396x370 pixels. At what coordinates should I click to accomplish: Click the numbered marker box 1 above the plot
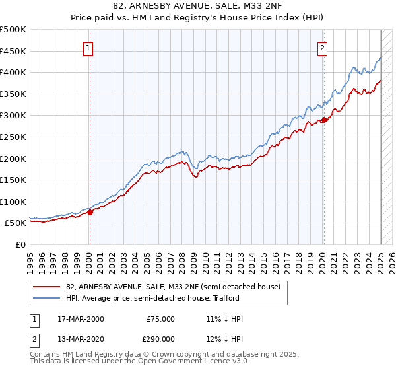point(88,48)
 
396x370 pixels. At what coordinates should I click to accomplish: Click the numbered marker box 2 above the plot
point(322,48)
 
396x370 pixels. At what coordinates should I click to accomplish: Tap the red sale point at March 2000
point(90,212)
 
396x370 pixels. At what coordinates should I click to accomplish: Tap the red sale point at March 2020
point(324,120)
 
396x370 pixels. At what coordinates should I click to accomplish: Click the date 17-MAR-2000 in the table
point(81,319)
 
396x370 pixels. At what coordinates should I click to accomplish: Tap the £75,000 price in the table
point(160,319)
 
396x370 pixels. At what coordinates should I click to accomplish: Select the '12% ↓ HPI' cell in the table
point(224,338)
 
